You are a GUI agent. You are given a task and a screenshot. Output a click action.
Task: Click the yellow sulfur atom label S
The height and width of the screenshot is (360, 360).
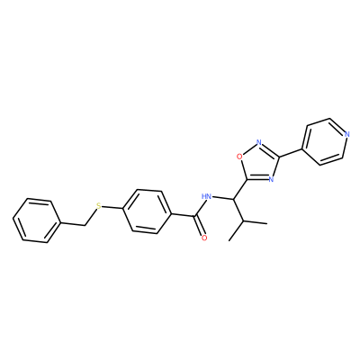coord(99,206)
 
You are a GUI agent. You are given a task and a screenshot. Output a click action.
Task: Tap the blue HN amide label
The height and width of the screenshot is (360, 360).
coord(207,196)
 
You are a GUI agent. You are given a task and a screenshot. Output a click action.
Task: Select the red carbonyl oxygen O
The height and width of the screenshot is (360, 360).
coord(204,238)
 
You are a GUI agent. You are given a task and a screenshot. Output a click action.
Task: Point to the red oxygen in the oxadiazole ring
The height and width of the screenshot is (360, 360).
coord(239,156)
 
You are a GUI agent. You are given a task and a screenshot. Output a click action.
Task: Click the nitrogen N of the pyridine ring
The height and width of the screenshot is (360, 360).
coord(347,134)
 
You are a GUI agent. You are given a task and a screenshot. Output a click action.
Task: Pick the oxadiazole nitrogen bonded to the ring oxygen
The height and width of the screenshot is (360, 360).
coord(259,142)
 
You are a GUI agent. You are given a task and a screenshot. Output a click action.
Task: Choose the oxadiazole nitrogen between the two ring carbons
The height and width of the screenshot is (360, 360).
coord(271,179)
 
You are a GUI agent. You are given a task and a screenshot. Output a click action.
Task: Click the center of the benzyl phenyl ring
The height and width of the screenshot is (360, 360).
coord(36,220)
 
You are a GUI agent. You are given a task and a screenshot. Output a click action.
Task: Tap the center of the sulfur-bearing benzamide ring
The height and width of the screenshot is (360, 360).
coord(148,211)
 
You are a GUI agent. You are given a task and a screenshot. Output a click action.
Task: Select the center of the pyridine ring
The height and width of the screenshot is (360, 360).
coord(324,141)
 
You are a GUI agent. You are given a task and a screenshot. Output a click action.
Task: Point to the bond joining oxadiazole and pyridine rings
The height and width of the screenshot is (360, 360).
coord(291,153)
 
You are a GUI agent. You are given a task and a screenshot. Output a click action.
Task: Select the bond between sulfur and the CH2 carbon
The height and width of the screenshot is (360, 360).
coord(91,217)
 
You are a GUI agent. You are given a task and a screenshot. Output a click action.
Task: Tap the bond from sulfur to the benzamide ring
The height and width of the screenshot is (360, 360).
coord(112,207)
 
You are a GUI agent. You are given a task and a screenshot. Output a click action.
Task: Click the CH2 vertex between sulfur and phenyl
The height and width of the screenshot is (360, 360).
coord(85,225)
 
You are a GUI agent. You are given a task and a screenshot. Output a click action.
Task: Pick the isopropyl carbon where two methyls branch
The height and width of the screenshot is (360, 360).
coord(244,220)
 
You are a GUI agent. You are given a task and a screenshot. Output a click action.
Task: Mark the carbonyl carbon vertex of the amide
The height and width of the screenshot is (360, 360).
coord(195,216)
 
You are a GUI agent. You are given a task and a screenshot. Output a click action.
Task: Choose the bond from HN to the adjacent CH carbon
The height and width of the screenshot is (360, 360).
coord(223,198)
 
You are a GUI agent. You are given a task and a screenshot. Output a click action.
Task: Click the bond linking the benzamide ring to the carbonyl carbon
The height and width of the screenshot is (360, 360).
coord(184,215)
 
